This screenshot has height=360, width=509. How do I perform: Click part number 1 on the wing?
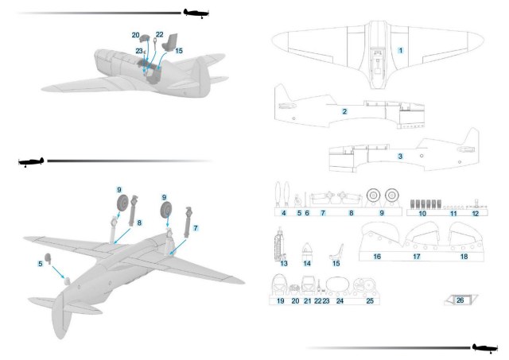coord(401,50)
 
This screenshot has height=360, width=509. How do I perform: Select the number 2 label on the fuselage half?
coord(344,111)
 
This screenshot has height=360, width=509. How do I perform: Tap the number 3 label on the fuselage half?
coord(400,157)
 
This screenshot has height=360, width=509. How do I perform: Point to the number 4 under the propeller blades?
coord(284,213)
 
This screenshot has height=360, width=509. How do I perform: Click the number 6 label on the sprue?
coord(306,213)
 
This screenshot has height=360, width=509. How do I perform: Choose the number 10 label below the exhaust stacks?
coord(422,213)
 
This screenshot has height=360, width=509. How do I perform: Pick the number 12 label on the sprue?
coord(475,213)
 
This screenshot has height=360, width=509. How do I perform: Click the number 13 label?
coord(284,261)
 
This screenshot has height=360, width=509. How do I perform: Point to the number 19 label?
coord(280,301)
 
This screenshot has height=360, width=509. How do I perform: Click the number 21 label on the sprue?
coord(308,301)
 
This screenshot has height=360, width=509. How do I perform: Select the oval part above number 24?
coord(340,285)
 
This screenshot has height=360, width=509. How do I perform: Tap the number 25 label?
coord(369,301)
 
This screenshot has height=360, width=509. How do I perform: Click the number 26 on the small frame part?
coord(460,300)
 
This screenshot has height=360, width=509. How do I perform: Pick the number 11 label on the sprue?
coord(453,213)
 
